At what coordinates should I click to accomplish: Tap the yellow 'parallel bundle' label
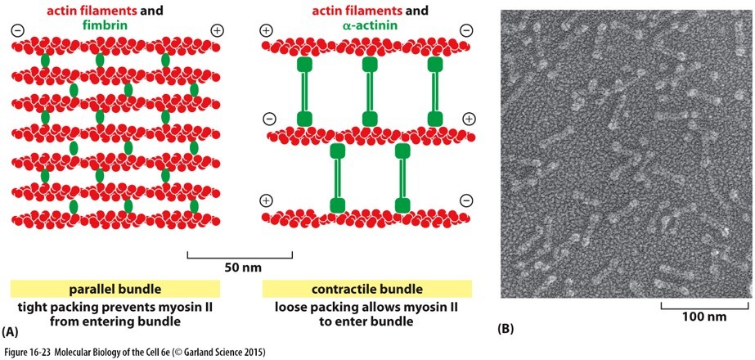[x=115, y=289]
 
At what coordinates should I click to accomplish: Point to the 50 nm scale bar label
[x=240, y=267]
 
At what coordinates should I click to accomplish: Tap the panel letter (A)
[x=11, y=332]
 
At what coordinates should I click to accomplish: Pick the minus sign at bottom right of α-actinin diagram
[x=466, y=200]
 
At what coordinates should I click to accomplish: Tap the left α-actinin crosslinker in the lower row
[x=336, y=177]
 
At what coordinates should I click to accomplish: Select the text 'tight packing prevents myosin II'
[x=115, y=308]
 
